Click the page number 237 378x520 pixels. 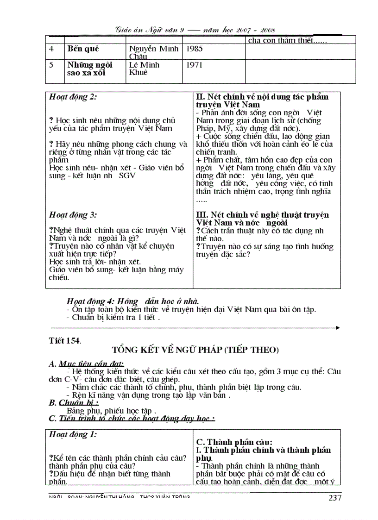[334, 498]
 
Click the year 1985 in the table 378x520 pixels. [194, 49]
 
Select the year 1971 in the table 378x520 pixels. [194, 65]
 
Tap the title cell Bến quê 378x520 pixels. [83, 49]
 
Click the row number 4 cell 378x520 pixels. [51, 49]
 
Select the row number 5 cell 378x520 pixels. [51, 65]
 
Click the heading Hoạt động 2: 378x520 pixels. [73, 97]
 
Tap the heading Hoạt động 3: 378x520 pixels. [73, 215]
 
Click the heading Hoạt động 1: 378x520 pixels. [73, 434]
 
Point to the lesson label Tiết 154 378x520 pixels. [65, 340]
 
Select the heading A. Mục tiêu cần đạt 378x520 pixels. [87, 363]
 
